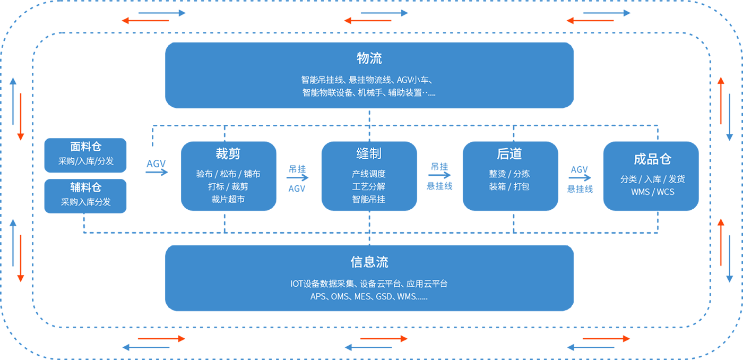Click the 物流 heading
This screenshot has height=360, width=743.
tap(369, 58)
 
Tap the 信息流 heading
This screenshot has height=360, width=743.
tap(369, 262)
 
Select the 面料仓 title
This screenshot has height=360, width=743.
tap(86, 147)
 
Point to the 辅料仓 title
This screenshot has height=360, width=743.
tap(86, 187)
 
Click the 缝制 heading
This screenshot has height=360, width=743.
tap(369, 154)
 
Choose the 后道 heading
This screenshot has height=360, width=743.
tap(509, 154)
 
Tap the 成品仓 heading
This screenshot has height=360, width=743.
tap(653, 159)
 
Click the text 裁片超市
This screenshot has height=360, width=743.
tap(228, 199)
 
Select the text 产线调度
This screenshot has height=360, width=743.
tap(369, 174)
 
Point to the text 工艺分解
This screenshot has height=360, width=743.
tap(369, 186)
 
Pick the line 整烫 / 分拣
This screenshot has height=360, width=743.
tap(509, 174)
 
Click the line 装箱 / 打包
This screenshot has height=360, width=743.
tap(509, 186)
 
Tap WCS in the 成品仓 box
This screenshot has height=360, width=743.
tap(666, 192)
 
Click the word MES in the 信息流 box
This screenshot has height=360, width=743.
tap(362, 297)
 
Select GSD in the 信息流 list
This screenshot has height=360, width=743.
tap(384, 297)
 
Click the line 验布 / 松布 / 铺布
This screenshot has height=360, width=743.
tap(228, 174)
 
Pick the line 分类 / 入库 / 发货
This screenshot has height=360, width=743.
tap(653, 179)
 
